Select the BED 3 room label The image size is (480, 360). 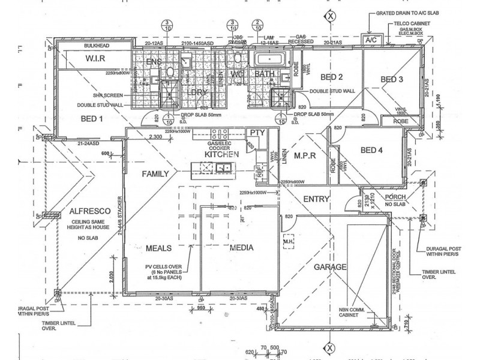(392, 79)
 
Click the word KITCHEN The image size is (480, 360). (222, 154)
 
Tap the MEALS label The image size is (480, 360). (159, 248)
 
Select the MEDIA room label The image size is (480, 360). (240, 248)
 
